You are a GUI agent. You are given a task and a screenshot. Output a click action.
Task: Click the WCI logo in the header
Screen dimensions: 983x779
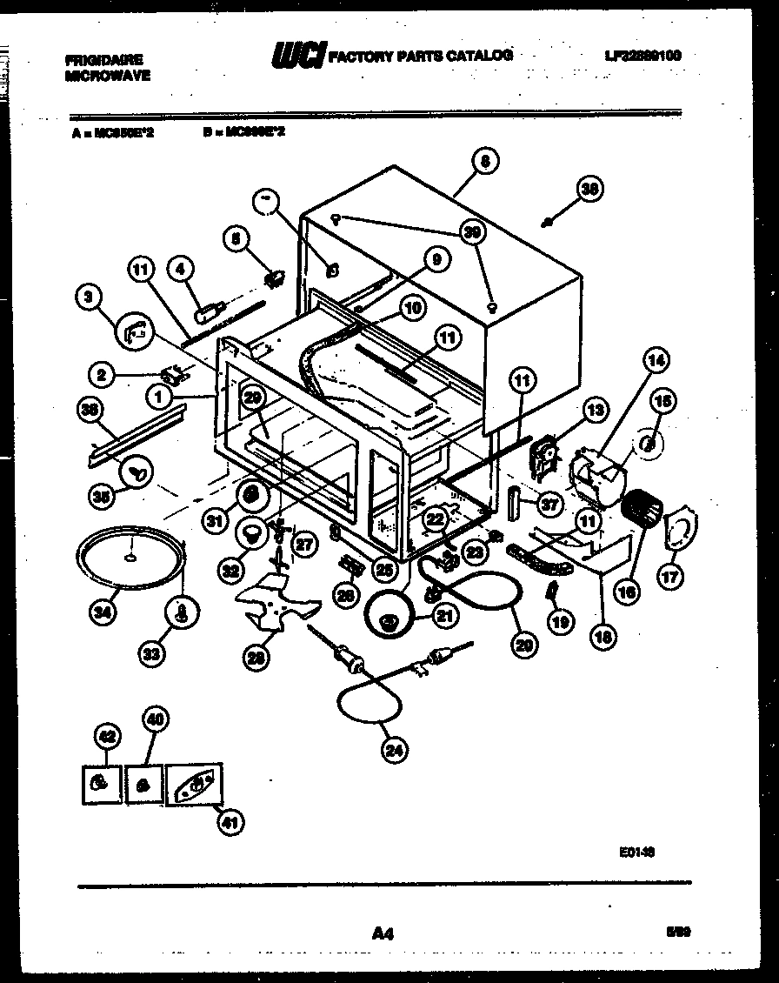coord(298,56)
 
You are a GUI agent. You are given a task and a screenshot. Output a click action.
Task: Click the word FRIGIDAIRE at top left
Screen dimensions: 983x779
coord(103,60)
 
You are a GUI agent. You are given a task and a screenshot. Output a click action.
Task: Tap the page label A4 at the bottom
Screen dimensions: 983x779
coord(383,933)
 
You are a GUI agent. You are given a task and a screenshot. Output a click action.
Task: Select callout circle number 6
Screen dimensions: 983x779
coord(485,161)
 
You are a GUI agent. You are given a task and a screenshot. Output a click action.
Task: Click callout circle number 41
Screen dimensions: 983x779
coord(230,822)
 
